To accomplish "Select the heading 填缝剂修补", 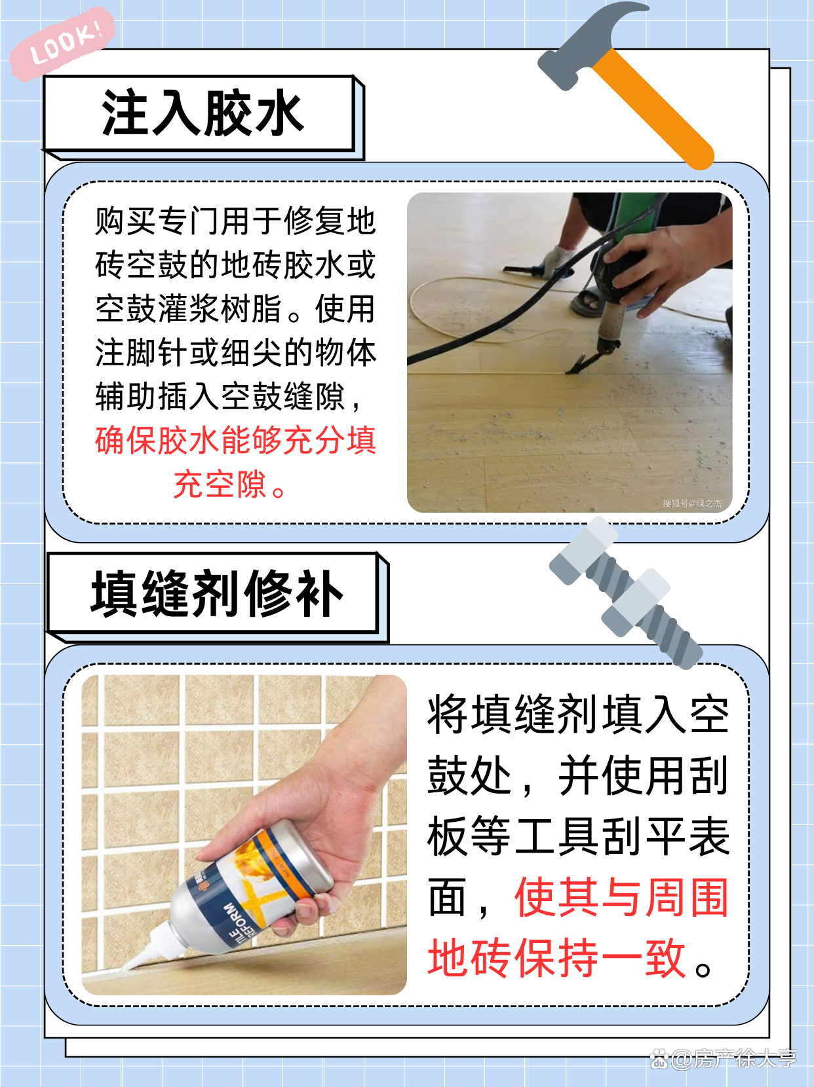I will point(216,594).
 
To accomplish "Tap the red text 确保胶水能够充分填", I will point(235,441).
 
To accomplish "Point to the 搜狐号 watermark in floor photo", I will point(691,504).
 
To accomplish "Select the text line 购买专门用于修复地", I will point(235,221).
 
